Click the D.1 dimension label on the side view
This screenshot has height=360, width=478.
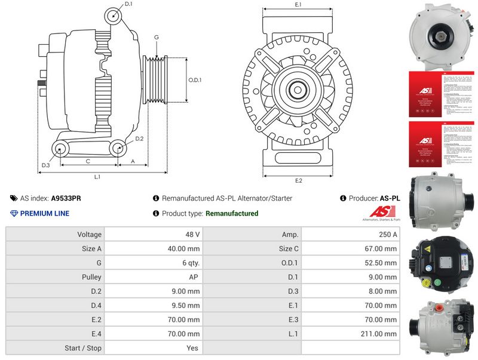(129, 5)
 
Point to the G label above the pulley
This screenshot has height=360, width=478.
(156, 38)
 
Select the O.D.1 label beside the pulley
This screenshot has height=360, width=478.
(195, 80)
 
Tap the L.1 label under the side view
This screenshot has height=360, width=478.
(97, 177)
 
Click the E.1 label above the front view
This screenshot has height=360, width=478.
(298, 5)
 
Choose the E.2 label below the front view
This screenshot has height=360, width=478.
(298, 180)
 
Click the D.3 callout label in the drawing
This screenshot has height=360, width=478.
(45, 165)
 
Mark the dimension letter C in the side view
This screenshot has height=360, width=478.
(88, 161)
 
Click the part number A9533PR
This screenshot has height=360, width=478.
(66, 198)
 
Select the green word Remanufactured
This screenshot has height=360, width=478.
(232, 213)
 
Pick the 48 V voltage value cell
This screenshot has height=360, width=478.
(193, 235)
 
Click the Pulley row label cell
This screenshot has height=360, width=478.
(91, 277)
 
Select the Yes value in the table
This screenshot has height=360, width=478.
(193, 348)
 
